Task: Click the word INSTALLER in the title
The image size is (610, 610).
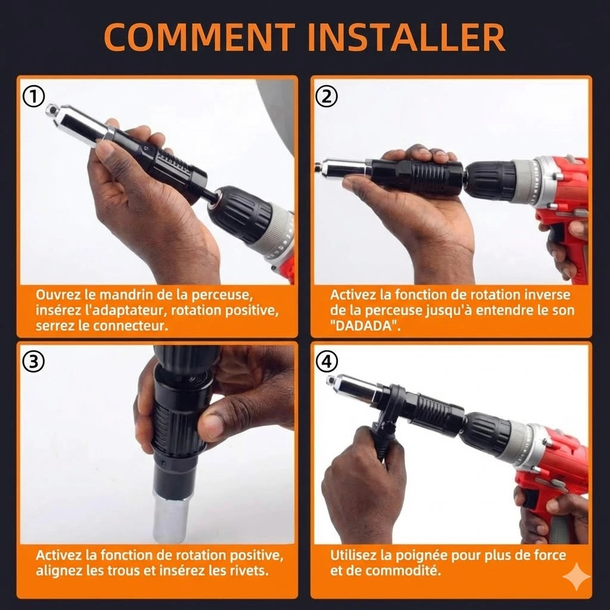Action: click(x=406, y=38)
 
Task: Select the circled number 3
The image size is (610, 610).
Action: click(x=34, y=362)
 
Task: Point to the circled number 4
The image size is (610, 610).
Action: click(x=326, y=362)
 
